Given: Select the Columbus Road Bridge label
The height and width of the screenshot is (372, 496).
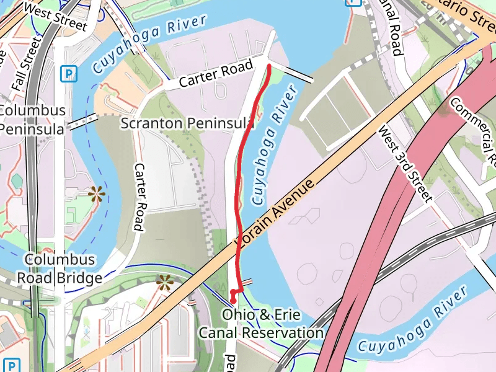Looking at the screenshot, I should coord(59,268).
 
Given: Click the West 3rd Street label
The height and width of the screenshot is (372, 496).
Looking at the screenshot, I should coord(404,164).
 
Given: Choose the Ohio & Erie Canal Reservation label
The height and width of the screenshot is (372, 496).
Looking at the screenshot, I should coord(260,324).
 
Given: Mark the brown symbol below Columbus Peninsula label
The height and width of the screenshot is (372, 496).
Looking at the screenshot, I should coord(95,194).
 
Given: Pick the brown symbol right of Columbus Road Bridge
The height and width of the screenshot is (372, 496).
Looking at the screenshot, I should coord(164,283).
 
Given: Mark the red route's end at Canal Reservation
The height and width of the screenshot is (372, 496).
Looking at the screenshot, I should coord(233,301).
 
